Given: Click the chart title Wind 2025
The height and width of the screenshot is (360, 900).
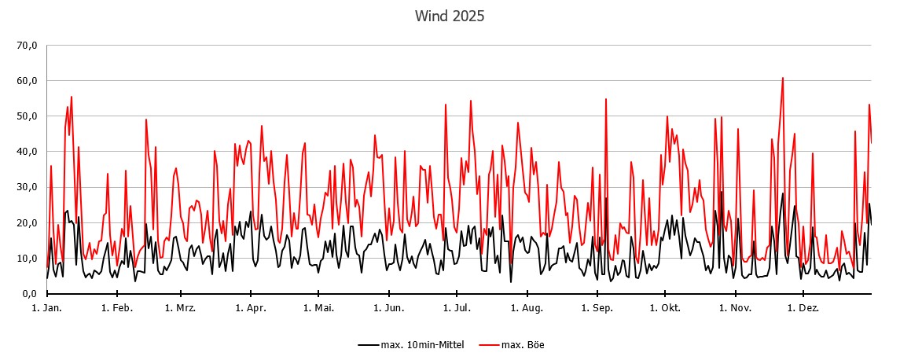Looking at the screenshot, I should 450,16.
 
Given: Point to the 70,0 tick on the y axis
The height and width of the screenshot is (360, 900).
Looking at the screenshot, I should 27,46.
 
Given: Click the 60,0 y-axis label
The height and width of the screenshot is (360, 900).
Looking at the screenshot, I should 27,81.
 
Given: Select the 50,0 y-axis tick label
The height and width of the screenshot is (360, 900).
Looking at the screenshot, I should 27,116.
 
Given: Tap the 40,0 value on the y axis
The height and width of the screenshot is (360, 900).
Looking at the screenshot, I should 27,152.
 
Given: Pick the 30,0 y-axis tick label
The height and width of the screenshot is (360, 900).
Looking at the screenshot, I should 27,187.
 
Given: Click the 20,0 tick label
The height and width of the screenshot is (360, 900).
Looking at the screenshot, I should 27,222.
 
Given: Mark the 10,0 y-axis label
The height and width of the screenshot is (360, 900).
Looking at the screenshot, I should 27,258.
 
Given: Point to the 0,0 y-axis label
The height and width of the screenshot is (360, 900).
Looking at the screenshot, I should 29,294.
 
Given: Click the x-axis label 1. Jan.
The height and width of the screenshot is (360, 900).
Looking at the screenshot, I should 46,308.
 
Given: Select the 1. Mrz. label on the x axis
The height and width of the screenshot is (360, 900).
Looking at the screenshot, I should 180,308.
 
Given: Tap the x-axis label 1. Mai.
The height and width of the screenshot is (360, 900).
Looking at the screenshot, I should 318,308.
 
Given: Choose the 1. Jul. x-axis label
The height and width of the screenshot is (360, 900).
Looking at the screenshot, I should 457,308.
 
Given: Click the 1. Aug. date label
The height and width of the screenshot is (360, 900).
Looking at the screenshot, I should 527,308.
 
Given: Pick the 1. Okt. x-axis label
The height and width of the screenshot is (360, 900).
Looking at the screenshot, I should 666,308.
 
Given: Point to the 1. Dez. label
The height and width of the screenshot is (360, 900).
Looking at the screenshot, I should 803,308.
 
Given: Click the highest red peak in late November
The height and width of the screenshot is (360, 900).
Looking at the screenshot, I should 783,78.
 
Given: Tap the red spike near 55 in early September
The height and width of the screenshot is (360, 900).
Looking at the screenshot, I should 606,99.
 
